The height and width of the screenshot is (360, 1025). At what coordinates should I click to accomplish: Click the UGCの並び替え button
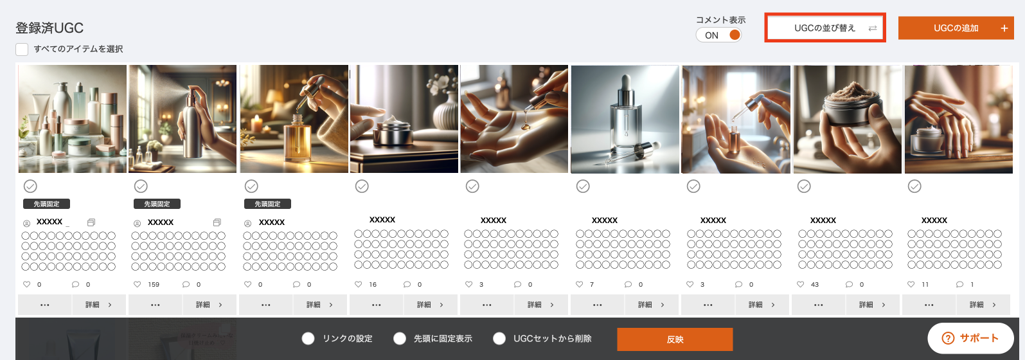click(824, 28)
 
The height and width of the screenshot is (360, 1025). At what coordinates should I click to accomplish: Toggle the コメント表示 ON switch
click(718, 35)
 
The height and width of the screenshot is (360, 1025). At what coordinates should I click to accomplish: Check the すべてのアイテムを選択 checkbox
click(22, 49)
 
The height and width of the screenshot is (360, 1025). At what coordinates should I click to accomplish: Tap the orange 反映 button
click(675, 339)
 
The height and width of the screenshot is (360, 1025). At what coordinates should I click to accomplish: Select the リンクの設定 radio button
click(308, 339)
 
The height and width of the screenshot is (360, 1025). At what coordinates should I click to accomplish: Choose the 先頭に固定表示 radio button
click(400, 339)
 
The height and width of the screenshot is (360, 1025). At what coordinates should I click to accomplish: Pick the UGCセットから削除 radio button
click(499, 339)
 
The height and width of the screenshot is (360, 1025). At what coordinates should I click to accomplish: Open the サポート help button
click(970, 339)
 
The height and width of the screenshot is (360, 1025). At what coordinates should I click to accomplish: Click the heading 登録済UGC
click(49, 28)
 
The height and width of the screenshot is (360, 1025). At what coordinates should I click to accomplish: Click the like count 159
click(154, 284)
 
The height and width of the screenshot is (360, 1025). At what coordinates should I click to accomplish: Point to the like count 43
click(815, 284)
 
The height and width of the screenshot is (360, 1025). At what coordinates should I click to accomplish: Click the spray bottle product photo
click(183, 119)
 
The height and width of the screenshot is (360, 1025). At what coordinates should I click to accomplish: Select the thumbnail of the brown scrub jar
click(848, 119)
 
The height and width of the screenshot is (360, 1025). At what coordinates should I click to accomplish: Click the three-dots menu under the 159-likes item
click(155, 305)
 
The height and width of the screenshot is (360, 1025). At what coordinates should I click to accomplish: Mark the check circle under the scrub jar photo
click(804, 186)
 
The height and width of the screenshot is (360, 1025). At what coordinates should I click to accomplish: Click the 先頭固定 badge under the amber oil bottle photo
click(268, 204)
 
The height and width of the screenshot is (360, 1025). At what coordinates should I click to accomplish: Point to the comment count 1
click(972, 284)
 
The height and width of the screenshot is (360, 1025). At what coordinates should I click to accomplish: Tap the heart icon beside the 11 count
click(911, 284)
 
